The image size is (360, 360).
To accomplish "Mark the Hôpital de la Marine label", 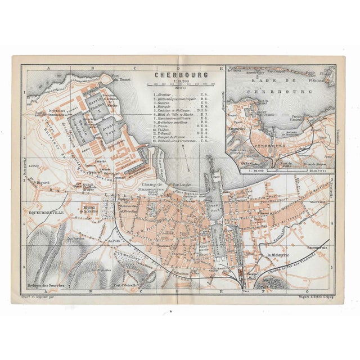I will (x=89, y=209).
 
